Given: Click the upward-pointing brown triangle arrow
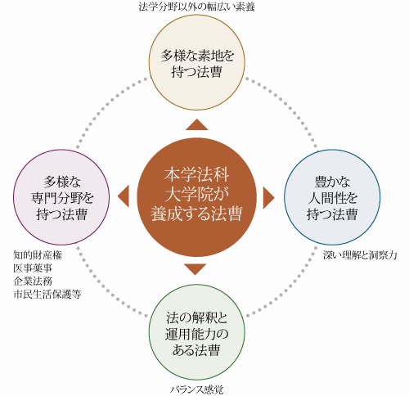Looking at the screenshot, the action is pyautogui.click(x=197, y=126).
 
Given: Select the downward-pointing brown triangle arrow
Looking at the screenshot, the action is pyautogui.click(x=196, y=268).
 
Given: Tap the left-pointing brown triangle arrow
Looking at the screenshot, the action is pyautogui.click(x=124, y=196).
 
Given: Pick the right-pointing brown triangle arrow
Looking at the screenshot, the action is pyautogui.click(x=267, y=198).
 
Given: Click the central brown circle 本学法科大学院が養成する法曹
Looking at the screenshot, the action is pyautogui.click(x=196, y=197).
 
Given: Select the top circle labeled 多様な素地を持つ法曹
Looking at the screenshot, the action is pyautogui.click(x=197, y=62).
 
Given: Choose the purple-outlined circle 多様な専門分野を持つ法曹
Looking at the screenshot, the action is pyautogui.click(x=61, y=197).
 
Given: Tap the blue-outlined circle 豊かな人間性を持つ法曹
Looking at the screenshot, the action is pyautogui.click(x=332, y=197).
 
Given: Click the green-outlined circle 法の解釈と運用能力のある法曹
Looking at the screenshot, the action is pyautogui.click(x=197, y=332).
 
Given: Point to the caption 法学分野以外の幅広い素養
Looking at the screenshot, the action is pyautogui.click(x=197, y=7).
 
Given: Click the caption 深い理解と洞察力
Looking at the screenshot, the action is pyautogui.click(x=360, y=255).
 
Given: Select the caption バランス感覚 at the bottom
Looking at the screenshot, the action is pyautogui.click(x=197, y=389).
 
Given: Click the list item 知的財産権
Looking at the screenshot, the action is pyautogui.click(x=38, y=255).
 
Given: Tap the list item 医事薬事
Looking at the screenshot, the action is pyautogui.click(x=33, y=268).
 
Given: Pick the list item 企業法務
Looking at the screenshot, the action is pyautogui.click(x=33, y=281).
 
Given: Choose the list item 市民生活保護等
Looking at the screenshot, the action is pyautogui.click(x=47, y=295).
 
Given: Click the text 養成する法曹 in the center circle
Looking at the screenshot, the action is pyautogui.click(x=196, y=214).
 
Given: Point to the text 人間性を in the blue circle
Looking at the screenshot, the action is pyautogui.click(x=332, y=198).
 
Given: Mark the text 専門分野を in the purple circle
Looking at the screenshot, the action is pyautogui.click(x=62, y=198).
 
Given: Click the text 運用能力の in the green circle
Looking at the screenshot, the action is pyautogui.click(x=196, y=334).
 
